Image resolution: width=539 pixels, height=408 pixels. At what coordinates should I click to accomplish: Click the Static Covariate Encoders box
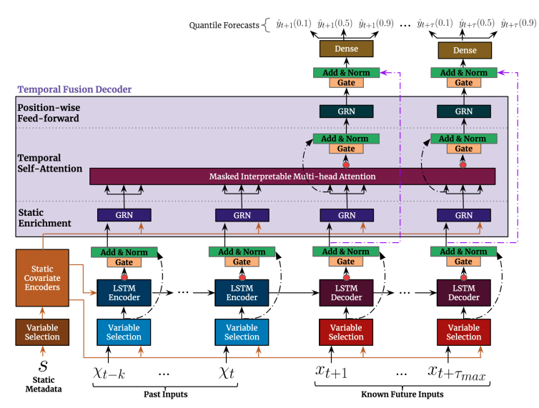pos(42,277)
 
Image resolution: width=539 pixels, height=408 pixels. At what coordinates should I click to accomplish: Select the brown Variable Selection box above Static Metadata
pos(42,332)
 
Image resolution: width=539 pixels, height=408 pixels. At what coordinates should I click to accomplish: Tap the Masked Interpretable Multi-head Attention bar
pos(292,176)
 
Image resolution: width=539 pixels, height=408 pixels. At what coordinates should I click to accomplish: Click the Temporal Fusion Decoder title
pos(74,90)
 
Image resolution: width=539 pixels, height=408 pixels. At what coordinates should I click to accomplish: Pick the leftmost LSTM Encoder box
pos(124,292)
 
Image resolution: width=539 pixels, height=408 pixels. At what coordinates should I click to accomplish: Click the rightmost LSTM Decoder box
pos(464,292)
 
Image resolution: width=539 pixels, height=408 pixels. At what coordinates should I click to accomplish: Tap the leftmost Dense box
pos(346,50)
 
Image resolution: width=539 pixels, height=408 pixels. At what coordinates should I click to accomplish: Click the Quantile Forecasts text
pos(224,26)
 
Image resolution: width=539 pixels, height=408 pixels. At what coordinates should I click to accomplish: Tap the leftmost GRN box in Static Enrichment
pos(124,214)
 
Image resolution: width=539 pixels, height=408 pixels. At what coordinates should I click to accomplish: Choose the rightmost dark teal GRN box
pos(464,111)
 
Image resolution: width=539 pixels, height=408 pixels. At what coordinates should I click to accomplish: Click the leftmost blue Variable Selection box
pos(124,332)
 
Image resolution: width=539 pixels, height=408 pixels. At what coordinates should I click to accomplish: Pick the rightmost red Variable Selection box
pos(464,332)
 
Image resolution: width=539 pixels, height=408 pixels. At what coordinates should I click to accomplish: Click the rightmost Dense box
pos(464,50)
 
